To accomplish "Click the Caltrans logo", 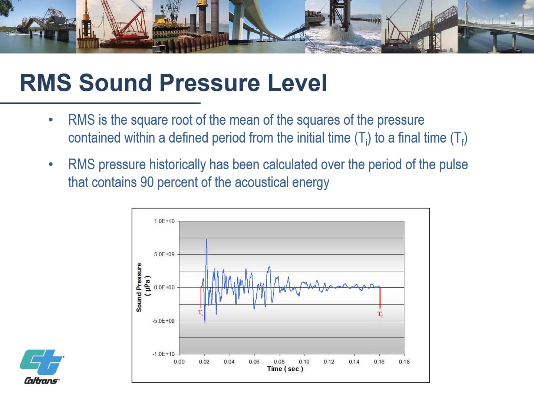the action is [x=42, y=366].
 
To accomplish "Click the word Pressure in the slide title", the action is [x=210, y=83].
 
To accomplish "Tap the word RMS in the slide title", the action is [x=46, y=83].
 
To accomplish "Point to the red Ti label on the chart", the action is [x=200, y=312].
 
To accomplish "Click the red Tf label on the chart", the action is [x=380, y=314].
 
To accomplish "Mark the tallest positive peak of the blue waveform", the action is [x=207, y=240].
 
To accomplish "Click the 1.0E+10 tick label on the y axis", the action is [x=164, y=221].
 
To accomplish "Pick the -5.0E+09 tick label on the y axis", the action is [x=164, y=321].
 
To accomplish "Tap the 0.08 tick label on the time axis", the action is [x=279, y=362].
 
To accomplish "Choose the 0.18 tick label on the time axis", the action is [x=404, y=362].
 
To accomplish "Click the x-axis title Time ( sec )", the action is [x=285, y=369].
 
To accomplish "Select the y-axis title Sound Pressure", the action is [x=139, y=287].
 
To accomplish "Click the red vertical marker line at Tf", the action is [x=380, y=298].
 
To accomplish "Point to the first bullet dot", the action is [x=50, y=120].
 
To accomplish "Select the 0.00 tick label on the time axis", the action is [x=179, y=362].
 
